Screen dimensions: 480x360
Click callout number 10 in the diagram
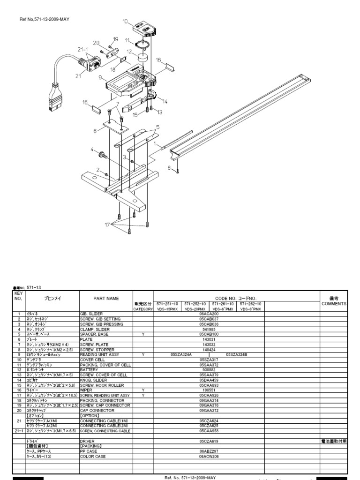(125, 21)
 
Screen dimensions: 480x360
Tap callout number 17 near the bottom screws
(107, 225)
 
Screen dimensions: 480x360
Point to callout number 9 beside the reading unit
(100, 80)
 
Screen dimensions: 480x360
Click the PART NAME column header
(105, 298)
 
